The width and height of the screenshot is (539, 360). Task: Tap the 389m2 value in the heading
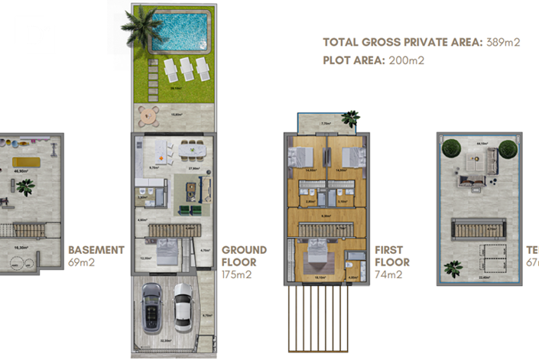502,43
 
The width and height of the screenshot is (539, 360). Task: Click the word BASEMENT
96,250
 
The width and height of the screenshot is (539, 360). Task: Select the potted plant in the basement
26,186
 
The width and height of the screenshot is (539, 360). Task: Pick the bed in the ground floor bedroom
167,250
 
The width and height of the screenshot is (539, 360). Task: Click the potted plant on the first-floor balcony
350,118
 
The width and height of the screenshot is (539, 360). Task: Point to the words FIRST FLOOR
392,255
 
